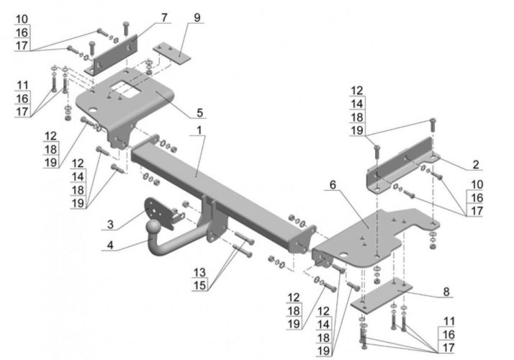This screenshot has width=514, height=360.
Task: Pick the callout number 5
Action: [x=199, y=113]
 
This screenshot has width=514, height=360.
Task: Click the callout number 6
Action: [x=333, y=185]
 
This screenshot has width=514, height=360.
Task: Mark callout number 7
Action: [x=165, y=16]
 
